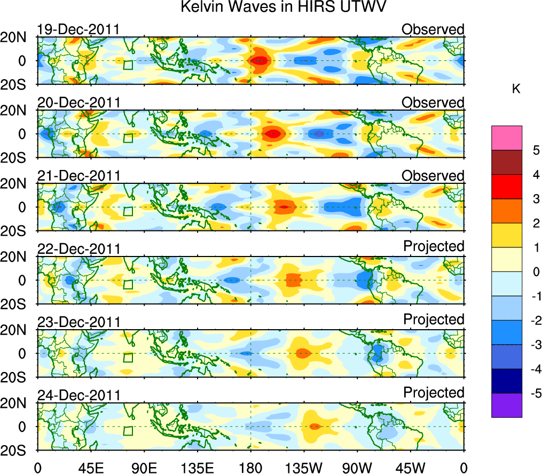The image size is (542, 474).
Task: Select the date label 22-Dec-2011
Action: (78, 249)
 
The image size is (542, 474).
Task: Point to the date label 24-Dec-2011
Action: (78, 395)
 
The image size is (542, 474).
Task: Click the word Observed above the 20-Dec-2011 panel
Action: (433, 102)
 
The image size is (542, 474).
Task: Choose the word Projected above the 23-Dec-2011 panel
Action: (434, 319)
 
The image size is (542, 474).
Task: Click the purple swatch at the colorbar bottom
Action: (506, 405)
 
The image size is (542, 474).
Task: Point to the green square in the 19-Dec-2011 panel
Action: (128, 65)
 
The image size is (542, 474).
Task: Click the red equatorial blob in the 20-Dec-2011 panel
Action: (273, 134)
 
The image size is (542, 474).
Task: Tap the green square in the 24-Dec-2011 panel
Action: (128, 431)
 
